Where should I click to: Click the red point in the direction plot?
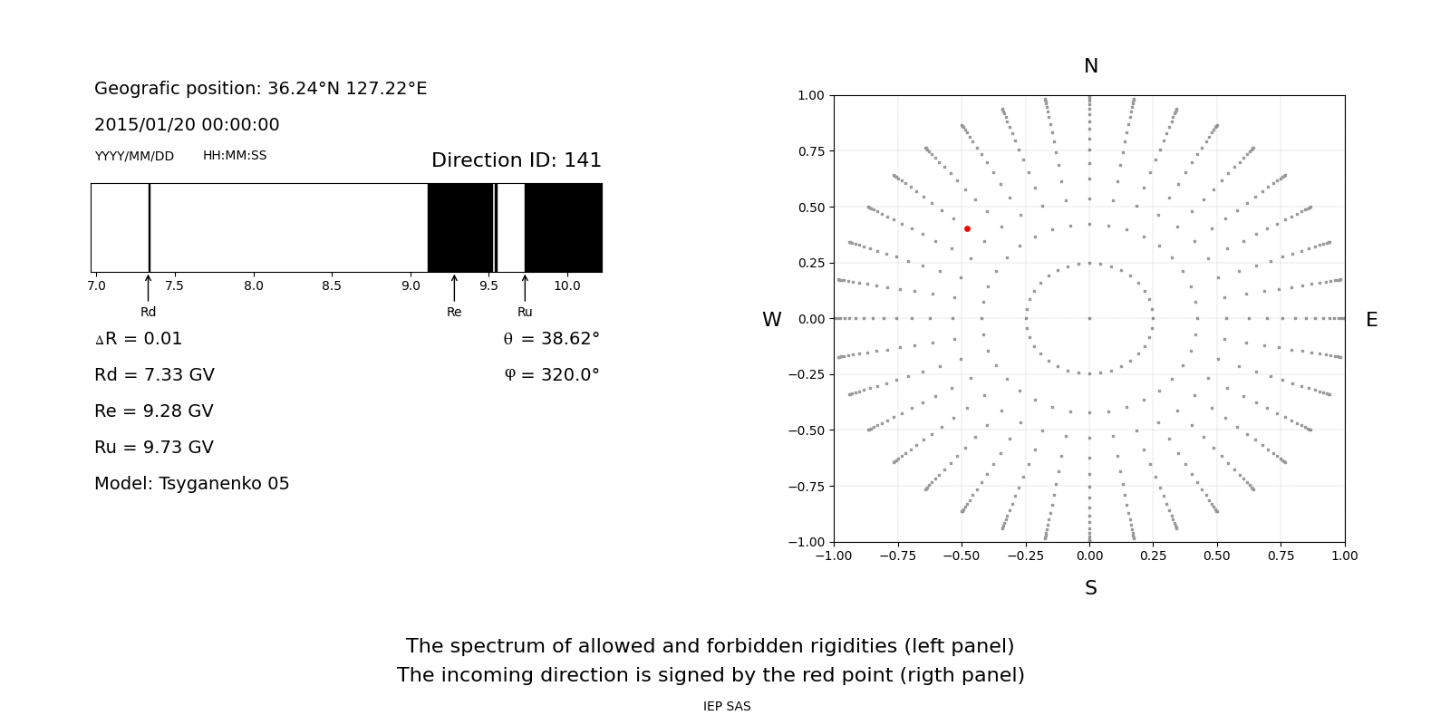tap(967, 229)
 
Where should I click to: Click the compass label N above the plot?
tap(1090, 66)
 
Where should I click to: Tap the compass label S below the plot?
tap(1090, 588)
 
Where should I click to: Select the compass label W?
tap(771, 320)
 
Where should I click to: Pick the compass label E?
tap(1371, 320)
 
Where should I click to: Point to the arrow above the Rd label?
tap(148, 287)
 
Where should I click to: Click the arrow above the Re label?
tap(454, 287)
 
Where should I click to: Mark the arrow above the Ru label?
tap(525, 287)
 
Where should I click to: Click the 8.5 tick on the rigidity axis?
tap(332, 285)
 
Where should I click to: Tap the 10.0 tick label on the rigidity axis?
tap(566, 285)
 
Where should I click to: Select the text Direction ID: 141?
tap(516, 160)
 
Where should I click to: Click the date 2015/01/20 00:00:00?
tap(187, 125)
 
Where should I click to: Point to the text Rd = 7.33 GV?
tap(154, 375)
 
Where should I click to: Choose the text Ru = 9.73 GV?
tap(154, 448)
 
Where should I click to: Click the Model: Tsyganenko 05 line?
tap(192, 484)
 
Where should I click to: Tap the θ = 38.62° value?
tap(551, 339)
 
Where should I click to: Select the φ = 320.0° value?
tap(551, 375)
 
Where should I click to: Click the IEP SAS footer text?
tap(727, 707)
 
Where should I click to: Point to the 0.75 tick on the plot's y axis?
tap(811, 151)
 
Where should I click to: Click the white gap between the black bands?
tap(511, 227)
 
